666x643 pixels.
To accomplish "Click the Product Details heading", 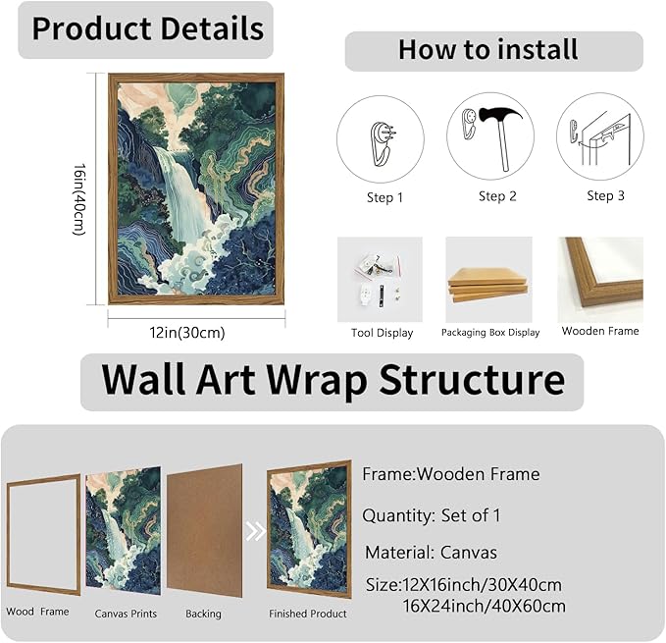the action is [148, 28].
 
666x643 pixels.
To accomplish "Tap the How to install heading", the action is [488, 50].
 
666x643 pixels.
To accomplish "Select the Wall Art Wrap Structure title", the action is [333, 379].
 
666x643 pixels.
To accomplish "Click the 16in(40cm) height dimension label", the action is [79, 199].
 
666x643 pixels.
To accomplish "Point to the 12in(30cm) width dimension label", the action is [187, 333].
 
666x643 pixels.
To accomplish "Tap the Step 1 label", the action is [384, 197].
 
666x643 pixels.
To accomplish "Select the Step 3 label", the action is [606, 195].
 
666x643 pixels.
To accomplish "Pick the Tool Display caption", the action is [382, 333].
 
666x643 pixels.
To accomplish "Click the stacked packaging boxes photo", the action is [488, 284].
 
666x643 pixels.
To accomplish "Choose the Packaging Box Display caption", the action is [490, 333].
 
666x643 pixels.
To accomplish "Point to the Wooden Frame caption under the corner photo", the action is [600, 331].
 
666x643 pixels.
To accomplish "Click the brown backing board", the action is [204, 531].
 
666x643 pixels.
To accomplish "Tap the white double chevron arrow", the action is [255, 531].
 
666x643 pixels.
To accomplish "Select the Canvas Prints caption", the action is [126, 614].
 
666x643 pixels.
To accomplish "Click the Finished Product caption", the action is [308, 614].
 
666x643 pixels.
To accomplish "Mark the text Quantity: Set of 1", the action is [432, 516].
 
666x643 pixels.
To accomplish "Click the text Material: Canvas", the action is [431, 553].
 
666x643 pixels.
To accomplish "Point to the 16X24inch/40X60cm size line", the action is [484, 606].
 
